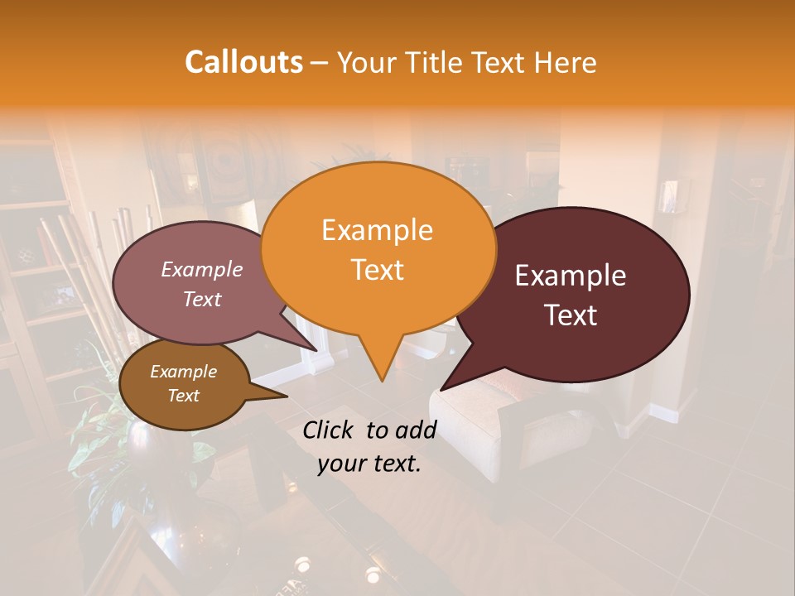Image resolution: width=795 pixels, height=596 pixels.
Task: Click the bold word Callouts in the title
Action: [243, 62]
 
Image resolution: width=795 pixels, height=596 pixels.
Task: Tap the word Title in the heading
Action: [434, 62]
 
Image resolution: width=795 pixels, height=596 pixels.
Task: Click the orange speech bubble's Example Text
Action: [378, 249]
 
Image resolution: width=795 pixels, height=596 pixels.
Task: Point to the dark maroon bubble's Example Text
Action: [571, 296]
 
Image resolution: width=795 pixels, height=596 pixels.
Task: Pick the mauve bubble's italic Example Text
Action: [202, 284]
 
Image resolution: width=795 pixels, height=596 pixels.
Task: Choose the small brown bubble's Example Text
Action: [183, 383]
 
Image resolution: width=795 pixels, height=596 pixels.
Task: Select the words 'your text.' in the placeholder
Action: [369, 464]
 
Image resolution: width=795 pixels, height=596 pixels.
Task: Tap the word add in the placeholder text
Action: [417, 430]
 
